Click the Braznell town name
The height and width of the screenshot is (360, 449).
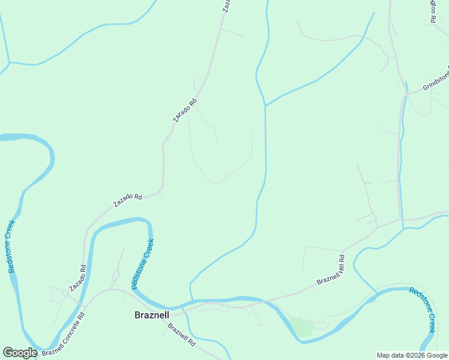point(151,314)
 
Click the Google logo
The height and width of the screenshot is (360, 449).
point(20,353)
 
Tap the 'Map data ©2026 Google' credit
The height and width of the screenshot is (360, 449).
point(411,355)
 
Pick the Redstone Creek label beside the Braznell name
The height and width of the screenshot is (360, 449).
point(142,264)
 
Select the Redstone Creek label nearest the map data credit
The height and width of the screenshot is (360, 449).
point(423,309)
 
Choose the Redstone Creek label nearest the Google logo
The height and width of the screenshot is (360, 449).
point(11,247)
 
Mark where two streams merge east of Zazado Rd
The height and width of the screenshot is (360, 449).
point(265,106)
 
